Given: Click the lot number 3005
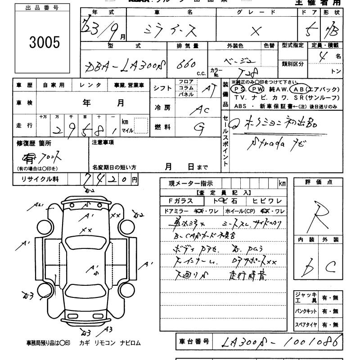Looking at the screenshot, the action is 45,42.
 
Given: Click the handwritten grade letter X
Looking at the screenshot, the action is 256,31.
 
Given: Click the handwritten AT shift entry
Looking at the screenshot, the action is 207,89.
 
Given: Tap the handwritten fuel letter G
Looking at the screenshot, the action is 198,127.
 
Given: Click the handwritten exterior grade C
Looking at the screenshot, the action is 331,267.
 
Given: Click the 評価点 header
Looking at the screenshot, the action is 318,182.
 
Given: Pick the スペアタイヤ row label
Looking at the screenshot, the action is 306,324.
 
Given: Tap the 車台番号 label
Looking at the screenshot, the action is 193,342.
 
